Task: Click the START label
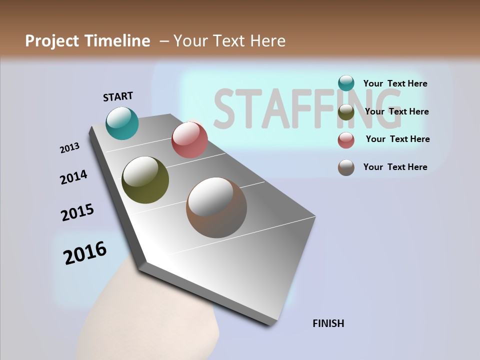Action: (x=118, y=96)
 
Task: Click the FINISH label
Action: (x=328, y=323)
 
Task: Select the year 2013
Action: (x=69, y=147)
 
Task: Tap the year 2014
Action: (x=73, y=177)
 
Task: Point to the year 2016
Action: (x=85, y=253)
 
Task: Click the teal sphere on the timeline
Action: (x=122, y=123)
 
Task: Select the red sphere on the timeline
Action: (x=189, y=139)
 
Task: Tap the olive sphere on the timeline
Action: (x=145, y=180)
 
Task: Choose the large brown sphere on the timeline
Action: (x=216, y=207)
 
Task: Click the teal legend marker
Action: (x=346, y=83)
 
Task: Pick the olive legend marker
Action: (x=346, y=112)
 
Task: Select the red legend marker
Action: (x=346, y=140)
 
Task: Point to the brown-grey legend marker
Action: (x=346, y=167)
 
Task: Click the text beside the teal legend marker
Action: (x=395, y=83)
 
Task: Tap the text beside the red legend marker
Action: (x=397, y=139)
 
